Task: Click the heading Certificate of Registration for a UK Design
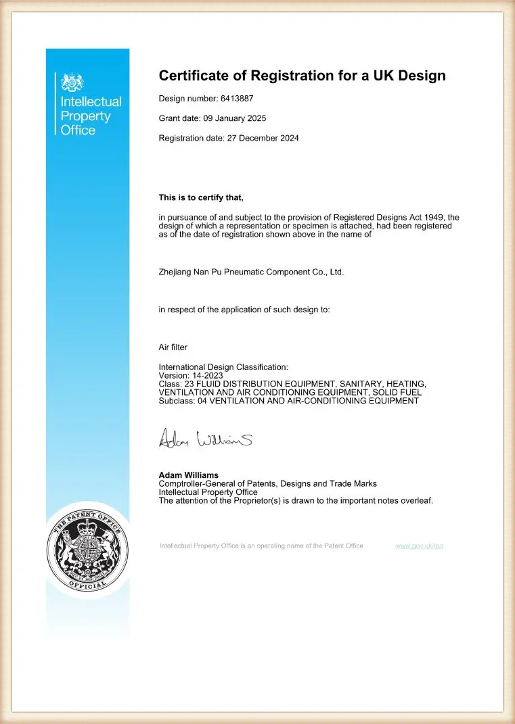pyautogui.click(x=302, y=75)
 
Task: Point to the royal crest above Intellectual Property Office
pyautogui.click(x=72, y=83)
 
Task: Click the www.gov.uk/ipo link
pyautogui.click(x=419, y=546)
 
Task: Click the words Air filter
pyautogui.click(x=173, y=347)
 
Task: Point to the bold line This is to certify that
pyautogui.click(x=200, y=198)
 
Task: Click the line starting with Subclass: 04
pyautogui.click(x=288, y=401)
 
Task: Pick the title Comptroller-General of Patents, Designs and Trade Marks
pyautogui.click(x=267, y=483)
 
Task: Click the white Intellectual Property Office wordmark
pyautogui.click(x=91, y=116)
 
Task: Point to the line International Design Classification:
pyautogui.click(x=223, y=367)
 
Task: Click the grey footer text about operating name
pyautogui.click(x=261, y=546)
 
